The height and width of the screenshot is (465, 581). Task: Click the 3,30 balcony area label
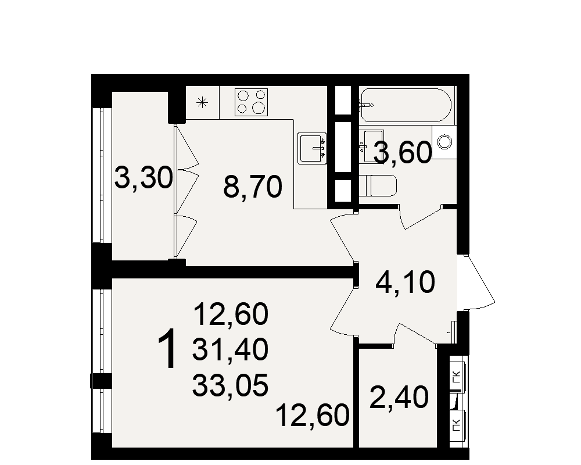[x=144, y=178]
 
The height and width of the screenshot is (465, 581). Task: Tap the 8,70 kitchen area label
[x=253, y=187]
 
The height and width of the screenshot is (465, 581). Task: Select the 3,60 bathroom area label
[x=403, y=152]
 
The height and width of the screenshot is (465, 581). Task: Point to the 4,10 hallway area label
[x=405, y=282]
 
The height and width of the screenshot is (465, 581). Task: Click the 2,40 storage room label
[x=399, y=397]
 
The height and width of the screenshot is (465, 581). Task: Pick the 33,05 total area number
[x=230, y=385]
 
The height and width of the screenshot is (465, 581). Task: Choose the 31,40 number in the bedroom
[x=230, y=350]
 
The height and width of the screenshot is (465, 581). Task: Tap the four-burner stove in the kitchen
[x=251, y=102]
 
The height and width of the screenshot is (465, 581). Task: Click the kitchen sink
[x=313, y=148]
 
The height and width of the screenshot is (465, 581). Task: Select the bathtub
[x=406, y=105]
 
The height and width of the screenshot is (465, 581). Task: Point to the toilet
[x=378, y=185]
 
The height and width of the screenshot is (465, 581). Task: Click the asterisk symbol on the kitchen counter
[x=202, y=102]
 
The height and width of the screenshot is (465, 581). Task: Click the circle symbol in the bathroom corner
[x=444, y=142]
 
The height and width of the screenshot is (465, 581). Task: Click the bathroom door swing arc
[x=421, y=217]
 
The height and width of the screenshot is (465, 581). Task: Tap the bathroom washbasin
[x=372, y=146]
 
